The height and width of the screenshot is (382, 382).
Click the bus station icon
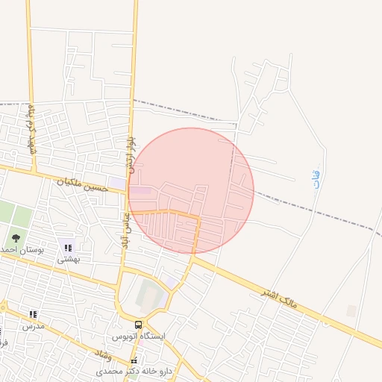[139, 324]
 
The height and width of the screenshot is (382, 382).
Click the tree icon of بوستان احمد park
[16, 238]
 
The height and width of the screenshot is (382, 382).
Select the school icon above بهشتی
[69, 246]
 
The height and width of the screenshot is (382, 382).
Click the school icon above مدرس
[32, 315]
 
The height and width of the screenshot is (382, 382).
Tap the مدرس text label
[33, 326]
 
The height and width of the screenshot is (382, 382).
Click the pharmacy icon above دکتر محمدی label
[134, 360]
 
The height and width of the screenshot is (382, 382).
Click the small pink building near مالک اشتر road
[351, 310]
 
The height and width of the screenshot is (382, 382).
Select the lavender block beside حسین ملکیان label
[118, 183]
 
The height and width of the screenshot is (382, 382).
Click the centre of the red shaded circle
[191, 191]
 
